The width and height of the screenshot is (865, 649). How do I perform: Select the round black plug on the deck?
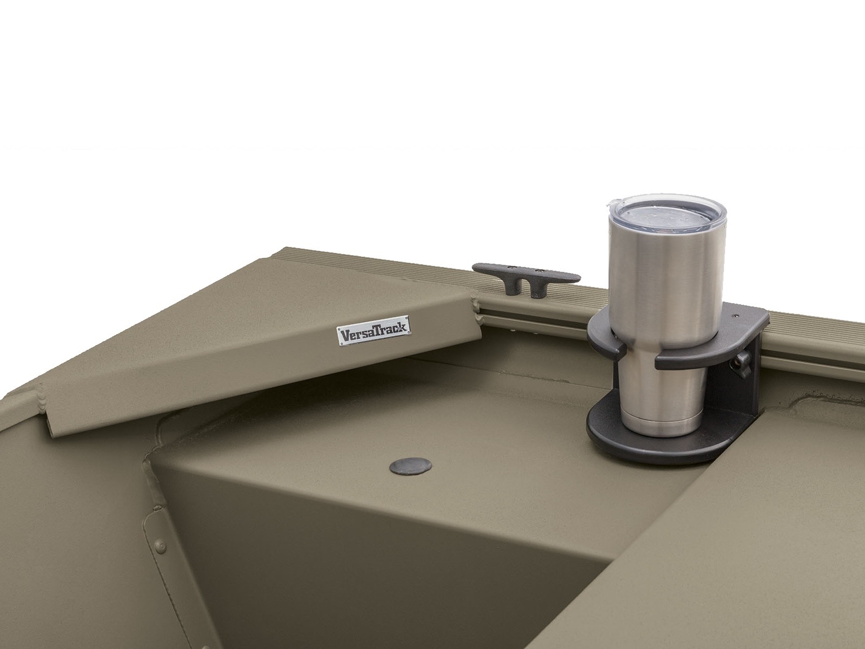[x=410, y=466]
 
